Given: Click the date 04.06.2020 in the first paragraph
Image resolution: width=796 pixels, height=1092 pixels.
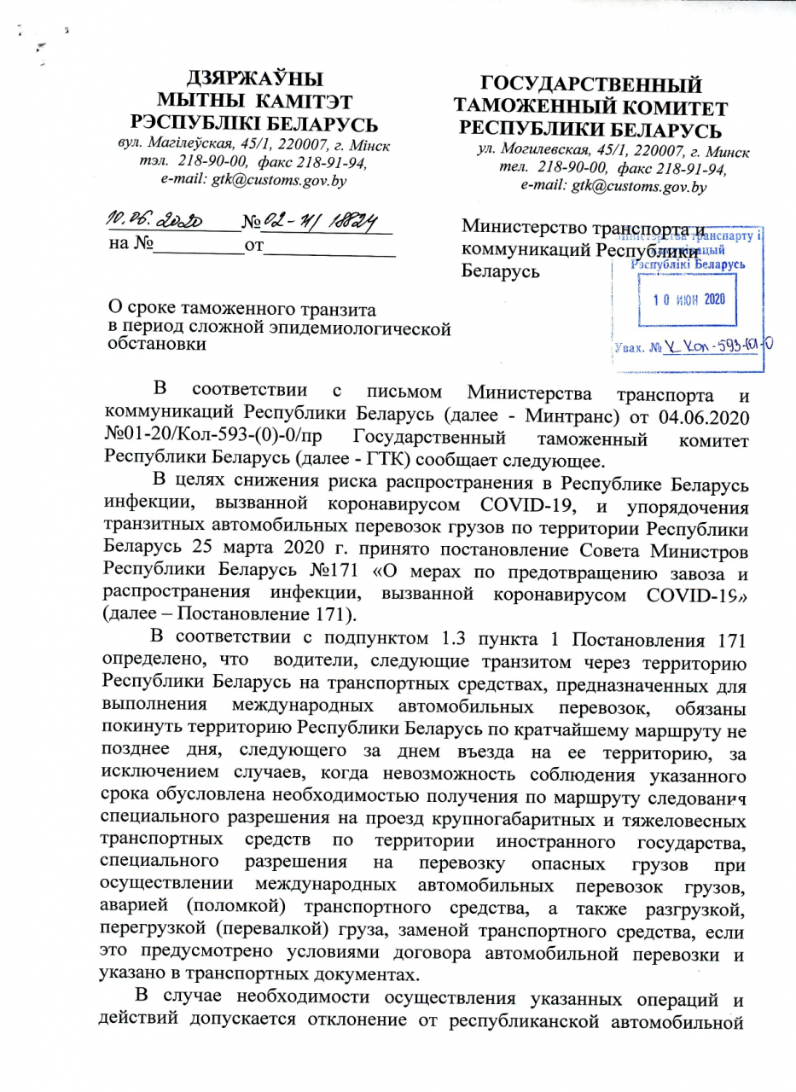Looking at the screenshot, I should pos(694,419).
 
